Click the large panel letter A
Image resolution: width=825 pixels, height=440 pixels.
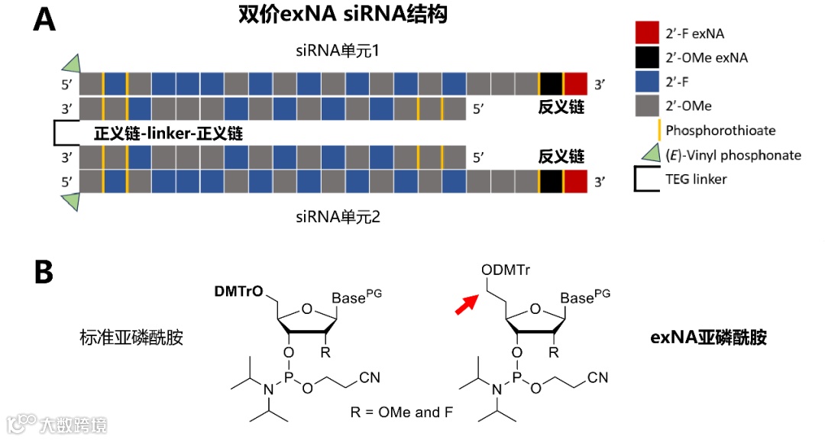point(45,21)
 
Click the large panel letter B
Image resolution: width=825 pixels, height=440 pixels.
point(44,271)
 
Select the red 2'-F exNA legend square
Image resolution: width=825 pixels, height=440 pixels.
point(646,33)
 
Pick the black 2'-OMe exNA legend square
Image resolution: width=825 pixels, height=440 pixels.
point(646,57)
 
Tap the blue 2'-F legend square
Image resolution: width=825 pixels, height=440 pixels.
point(646,82)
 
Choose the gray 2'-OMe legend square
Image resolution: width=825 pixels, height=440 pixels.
point(646,106)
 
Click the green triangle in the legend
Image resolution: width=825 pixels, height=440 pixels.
point(649,154)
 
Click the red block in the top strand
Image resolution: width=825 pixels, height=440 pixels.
point(575,83)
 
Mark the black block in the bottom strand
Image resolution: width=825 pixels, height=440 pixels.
point(551,182)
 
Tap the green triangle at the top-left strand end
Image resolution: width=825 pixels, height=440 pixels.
point(71,63)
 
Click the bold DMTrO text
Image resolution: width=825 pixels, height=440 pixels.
point(238,292)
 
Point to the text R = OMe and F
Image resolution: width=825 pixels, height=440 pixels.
point(400,412)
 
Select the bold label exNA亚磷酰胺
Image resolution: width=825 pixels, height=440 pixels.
point(708,337)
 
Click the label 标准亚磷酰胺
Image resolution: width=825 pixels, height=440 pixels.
point(131,337)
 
